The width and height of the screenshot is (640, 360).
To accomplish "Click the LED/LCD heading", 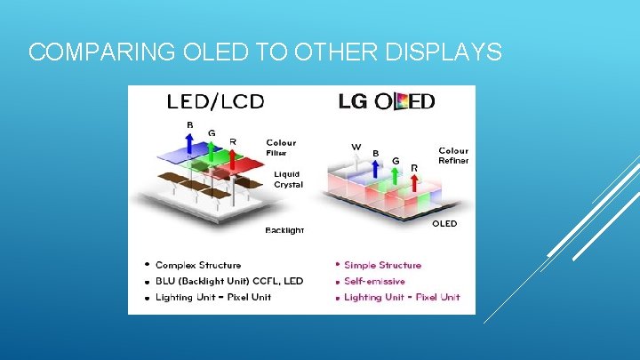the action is (215, 101).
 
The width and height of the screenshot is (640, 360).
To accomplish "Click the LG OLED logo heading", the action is (387, 101).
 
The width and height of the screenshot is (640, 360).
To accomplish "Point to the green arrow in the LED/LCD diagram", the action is (212, 154).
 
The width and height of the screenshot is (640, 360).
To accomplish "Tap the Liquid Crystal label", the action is (288, 179).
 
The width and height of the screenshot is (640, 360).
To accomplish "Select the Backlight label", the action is (284, 230).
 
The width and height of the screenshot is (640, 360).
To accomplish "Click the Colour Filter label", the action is (281, 148).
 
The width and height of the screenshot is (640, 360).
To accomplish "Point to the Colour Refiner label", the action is (453, 156).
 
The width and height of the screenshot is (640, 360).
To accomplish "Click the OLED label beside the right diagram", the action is (444, 224).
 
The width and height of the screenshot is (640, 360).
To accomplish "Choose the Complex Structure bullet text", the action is (198, 265).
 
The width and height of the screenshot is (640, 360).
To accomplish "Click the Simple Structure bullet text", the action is (382, 265).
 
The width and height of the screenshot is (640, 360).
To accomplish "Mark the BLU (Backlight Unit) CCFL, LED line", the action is (228, 281).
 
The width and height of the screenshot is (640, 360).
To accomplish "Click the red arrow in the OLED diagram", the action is (414, 181).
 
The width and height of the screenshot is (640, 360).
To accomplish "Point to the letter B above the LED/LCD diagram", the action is (189, 125).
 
